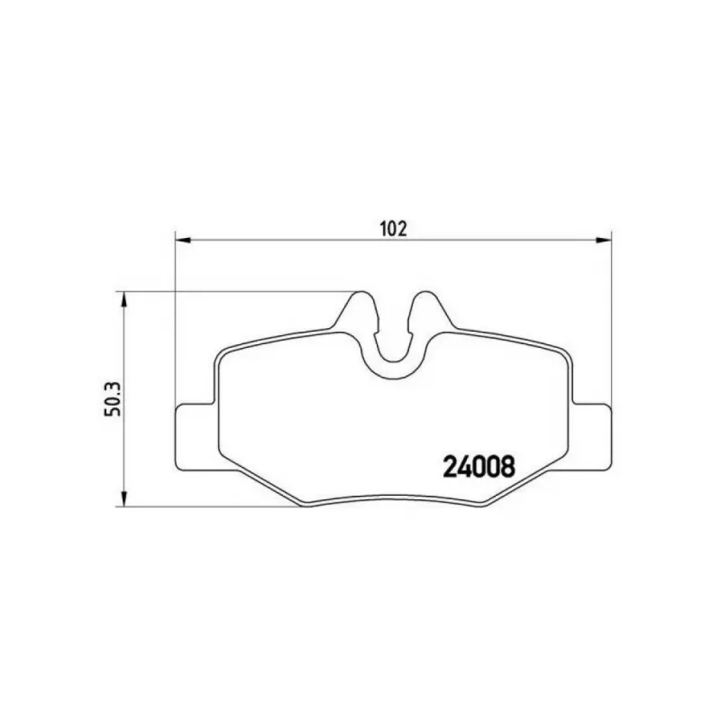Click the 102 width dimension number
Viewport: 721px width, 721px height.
tap(394, 229)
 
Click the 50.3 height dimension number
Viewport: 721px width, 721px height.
tap(113, 398)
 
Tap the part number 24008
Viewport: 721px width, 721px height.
tap(479, 466)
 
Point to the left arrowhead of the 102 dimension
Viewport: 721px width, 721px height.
tap(183, 240)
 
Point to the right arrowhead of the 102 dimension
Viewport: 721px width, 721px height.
tap(604, 240)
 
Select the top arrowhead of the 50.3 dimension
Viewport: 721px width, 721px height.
tap(123, 299)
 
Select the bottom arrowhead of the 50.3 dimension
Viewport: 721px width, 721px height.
tap(123, 499)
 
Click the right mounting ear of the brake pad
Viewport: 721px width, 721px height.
tap(592, 437)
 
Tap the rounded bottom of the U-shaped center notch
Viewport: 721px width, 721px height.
tap(394, 376)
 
